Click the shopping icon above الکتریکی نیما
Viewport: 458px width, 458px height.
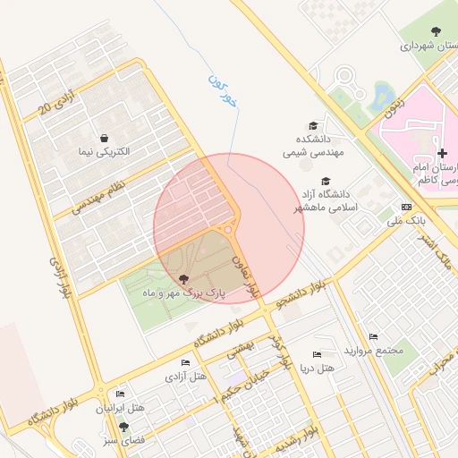pos(106,138)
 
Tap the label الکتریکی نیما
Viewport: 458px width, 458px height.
pos(105,152)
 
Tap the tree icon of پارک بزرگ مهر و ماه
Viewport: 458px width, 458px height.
pos(183,279)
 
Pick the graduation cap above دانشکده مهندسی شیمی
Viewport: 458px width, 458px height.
pos(312,125)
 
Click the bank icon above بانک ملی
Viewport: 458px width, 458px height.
pos(406,206)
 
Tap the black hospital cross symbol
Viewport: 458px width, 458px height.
pos(442,153)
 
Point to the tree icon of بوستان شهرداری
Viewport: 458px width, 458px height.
pos(440,29)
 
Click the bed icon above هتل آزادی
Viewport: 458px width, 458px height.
pos(185,362)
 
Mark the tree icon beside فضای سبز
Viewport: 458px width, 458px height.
pos(123,427)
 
